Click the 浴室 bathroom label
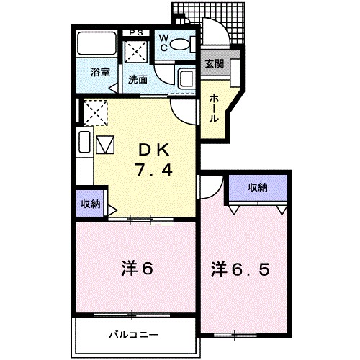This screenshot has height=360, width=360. click(x=99, y=73)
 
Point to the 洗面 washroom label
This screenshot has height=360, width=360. click(x=138, y=78)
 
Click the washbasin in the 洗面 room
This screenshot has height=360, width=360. click(x=185, y=78)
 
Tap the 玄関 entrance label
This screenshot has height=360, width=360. click(x=214, y=63)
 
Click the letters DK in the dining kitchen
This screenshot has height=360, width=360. click(x=153, y=150)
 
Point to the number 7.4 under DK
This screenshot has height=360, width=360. click(x=153, y=171)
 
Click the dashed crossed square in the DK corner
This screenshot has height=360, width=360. click(x=94, y=112)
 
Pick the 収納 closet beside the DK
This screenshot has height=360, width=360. click(x=90, y=203)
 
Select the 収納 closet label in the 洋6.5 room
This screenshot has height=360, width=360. click(x=258, y=187)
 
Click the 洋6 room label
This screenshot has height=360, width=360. click(x=137, y=269)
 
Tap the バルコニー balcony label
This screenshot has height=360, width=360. click(x=134, y=335)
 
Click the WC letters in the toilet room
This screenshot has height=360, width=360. click(x=163, y=42)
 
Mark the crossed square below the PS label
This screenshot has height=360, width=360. click(x=135, y=51)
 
